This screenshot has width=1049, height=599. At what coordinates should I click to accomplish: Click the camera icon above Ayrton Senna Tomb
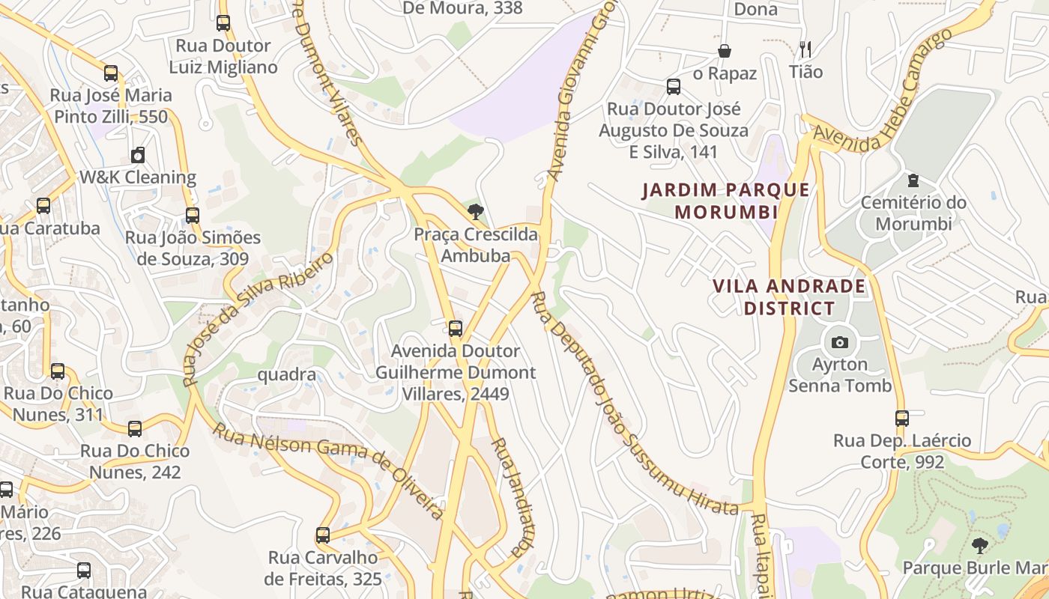tap(840, 342)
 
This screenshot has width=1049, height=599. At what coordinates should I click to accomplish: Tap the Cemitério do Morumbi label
tap(913, 213)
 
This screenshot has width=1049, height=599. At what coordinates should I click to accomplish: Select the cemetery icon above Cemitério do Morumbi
tap(913, 180)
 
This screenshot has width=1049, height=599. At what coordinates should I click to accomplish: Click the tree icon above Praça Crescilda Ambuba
tap(475, 212)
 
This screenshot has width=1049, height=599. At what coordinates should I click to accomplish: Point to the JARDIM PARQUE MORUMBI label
tap(725, 201)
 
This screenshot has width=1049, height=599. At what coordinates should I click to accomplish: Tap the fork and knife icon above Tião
tap(805, 49)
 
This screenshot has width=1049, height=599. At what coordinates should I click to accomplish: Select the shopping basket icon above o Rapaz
tap(725, 51)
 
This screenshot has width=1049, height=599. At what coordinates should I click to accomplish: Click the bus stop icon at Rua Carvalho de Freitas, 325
tap(323, 535)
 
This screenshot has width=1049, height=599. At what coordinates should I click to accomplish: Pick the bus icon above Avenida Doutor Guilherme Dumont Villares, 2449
tap(455, 328)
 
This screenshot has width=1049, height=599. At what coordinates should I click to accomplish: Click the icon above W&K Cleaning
tap(138, 155)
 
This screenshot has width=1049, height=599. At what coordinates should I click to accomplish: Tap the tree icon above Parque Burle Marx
tap(979, 545)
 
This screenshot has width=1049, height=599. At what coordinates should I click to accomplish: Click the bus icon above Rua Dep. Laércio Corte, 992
tap(902, 419)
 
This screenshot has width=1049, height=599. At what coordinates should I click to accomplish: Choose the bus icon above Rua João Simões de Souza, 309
tap(193, 216)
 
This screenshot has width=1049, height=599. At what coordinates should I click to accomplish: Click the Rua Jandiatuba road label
tap(507, 496)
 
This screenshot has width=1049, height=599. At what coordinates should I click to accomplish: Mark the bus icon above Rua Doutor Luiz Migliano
tap(223, 23)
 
